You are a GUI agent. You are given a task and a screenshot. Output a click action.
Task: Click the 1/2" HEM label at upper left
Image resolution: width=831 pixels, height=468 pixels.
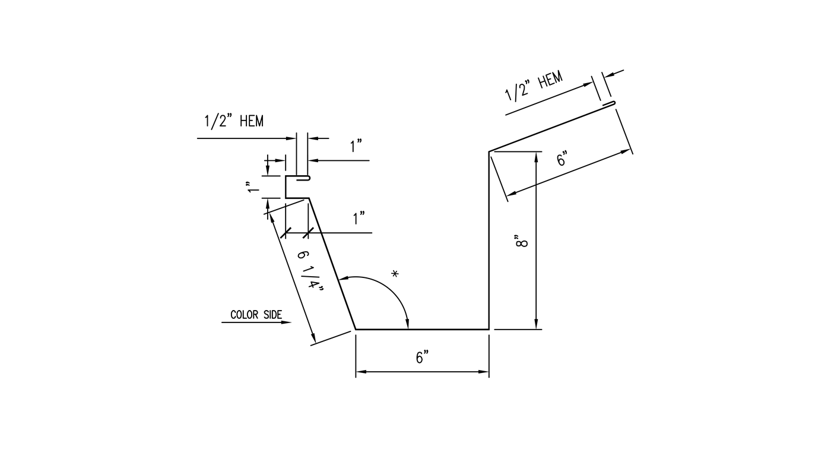coord(234,122)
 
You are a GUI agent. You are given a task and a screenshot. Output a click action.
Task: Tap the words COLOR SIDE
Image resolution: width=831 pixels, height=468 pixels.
coord(256,315)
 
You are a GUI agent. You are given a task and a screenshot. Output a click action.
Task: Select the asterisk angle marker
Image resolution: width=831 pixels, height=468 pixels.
coord(395,274)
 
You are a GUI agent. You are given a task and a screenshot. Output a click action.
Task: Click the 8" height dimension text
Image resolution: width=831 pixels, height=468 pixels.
coord(521,242)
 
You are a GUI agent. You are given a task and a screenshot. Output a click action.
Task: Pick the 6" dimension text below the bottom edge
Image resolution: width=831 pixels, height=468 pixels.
coord(422,358)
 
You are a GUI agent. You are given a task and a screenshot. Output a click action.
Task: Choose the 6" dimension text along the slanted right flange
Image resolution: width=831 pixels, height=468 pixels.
coord(562,159)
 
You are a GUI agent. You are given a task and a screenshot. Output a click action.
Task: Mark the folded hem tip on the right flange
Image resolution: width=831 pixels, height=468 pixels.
coord(611,104)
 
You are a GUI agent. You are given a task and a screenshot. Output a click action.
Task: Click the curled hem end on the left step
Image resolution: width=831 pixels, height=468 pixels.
coord(306,177)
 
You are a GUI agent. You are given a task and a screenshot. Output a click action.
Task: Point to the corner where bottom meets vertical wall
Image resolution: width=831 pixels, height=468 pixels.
coord(489,328)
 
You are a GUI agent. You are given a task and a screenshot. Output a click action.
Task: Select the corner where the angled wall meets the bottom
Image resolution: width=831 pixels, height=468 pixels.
coord(356,328)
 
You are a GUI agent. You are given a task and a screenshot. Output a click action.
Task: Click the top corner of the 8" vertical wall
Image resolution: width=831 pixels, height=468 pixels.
coord(489,152)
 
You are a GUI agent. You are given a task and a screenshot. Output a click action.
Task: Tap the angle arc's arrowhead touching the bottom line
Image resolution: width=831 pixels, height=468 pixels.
coord(407,324)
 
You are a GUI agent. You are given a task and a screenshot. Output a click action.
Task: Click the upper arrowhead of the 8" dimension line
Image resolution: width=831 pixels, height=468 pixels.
coord(537,156)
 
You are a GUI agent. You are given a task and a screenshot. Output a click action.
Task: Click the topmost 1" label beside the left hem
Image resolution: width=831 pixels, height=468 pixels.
coord(356,146)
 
